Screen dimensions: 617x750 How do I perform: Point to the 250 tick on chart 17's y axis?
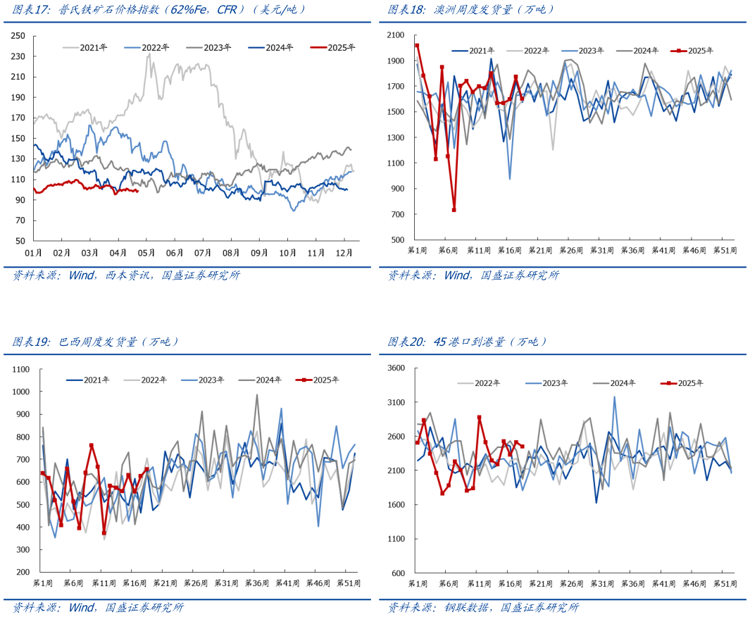pos(19,36)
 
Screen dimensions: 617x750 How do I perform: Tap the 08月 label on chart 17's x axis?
pos(232,252)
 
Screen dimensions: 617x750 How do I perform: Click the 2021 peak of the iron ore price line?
pos(149,54)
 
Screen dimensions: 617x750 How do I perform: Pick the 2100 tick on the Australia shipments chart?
pos(395,36)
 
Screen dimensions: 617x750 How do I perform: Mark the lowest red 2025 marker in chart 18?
pos(454,210)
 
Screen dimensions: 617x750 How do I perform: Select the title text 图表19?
pos(30,342)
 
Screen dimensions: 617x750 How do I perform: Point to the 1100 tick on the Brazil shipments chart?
pos(20,369)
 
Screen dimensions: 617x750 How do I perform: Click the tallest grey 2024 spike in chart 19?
pos(257,394)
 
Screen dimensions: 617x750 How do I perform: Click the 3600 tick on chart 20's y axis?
pos(396,368)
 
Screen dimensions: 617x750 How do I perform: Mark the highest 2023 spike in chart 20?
pos(614,397)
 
